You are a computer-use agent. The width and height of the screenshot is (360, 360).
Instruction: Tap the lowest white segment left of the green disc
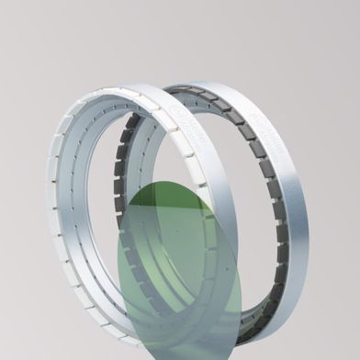110,330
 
